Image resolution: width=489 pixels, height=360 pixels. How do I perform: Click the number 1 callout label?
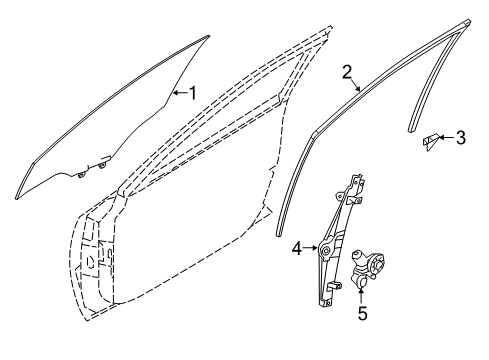(x=193, y=93)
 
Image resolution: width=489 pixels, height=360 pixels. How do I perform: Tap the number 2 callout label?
(x=347, y=72)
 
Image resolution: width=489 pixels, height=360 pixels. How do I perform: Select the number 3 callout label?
(x=461, y=138)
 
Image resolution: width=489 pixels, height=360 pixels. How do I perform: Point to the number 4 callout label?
(x=297, y=248)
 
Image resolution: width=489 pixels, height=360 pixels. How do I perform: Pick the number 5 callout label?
(x=362, y=314)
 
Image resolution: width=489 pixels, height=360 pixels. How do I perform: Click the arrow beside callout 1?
(x=180, y=92)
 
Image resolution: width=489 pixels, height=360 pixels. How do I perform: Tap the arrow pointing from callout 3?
(x=447, y=137)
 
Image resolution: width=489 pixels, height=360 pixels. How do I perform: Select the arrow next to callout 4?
(x=310, y=248)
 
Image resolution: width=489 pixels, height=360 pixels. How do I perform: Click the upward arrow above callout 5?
(x=361, y=295)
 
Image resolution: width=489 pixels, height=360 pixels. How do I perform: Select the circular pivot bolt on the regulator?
(x=326, y=251)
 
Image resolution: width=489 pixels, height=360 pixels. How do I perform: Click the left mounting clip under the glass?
(x=81, y=174)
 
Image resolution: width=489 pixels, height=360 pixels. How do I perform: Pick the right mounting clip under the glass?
(x=102, y=165)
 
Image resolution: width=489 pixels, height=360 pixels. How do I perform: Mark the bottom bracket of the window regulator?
(x=326, y=302)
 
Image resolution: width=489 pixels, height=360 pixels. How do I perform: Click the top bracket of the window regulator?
(x=358, y=179)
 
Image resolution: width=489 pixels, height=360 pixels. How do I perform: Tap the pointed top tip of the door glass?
(x=208, y=36)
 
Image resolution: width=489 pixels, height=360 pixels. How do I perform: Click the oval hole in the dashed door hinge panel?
(x=90, y=262)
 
